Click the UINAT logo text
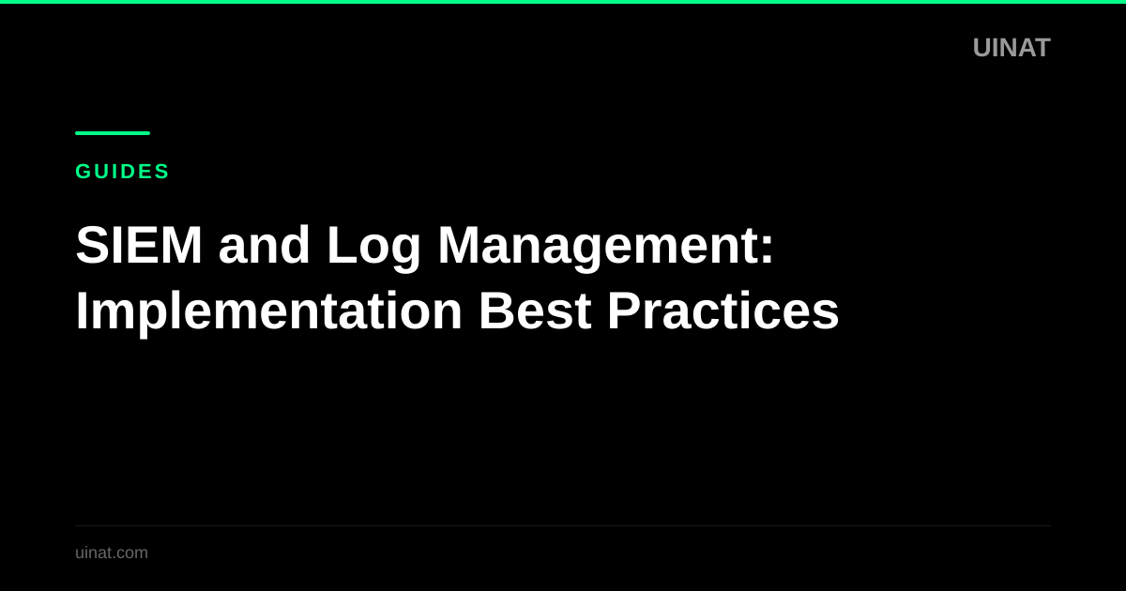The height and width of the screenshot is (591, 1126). pos(1011,48)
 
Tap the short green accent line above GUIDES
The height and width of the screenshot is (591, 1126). pos(113,133)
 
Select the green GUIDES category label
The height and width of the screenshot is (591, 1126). pos(122,172)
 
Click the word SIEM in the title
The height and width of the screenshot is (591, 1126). pos(139,245)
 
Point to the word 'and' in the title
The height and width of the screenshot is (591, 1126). pos(264,245)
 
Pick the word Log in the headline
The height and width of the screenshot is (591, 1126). pos(373,247)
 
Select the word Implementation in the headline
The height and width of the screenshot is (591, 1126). pos(268,311)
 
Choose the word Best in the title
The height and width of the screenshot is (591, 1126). pos(535,311)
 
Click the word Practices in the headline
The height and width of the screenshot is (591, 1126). pos(723,311)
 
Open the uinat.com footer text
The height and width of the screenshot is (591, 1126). pos(112,553)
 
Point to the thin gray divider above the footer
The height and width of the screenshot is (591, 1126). pos(563,525)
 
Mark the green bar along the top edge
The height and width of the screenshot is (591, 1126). pos(563,2)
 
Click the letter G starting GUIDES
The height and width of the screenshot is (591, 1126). pos(83,172)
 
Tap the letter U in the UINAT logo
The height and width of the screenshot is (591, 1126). pos(981,48)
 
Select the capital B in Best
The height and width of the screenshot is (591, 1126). pos(494,311)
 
